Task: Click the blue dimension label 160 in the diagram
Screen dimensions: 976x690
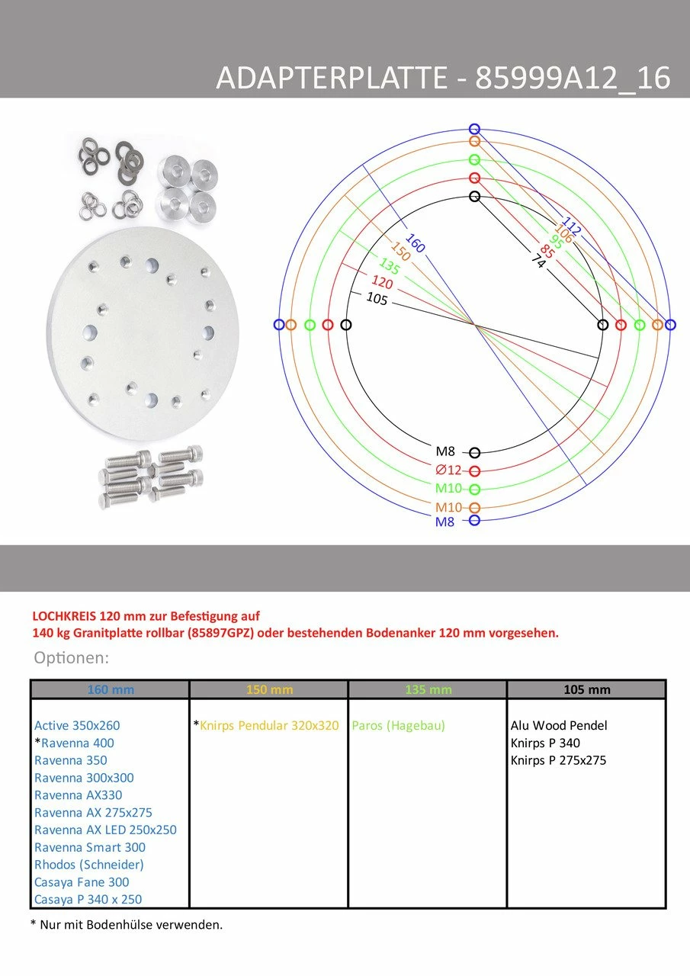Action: coord(415,244)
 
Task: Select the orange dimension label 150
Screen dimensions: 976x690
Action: coord(400,253)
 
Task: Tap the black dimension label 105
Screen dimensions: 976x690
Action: coord(377,299)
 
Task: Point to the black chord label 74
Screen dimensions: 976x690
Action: coord(538,261)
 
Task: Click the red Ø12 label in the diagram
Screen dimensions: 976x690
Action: coord(448,470)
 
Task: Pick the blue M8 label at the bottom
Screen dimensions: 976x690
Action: coord(444,522)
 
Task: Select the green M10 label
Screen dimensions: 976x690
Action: coord(448,489)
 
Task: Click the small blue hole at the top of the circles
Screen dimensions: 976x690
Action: coord(475,129)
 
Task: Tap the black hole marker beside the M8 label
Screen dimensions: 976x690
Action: coord(475,453)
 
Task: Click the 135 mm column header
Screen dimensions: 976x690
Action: coord(427,690)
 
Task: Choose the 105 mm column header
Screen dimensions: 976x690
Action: coord(586,690)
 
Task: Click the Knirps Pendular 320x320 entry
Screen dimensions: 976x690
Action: coord(269,725)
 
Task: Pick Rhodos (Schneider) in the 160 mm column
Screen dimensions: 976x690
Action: coord(89,865)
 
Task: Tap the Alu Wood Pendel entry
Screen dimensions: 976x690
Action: coord(559,725)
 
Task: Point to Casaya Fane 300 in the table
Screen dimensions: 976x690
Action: coord(82,882)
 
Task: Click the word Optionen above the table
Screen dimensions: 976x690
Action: coord(72,657)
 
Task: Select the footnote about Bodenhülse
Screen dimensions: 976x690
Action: coord(127,925)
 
